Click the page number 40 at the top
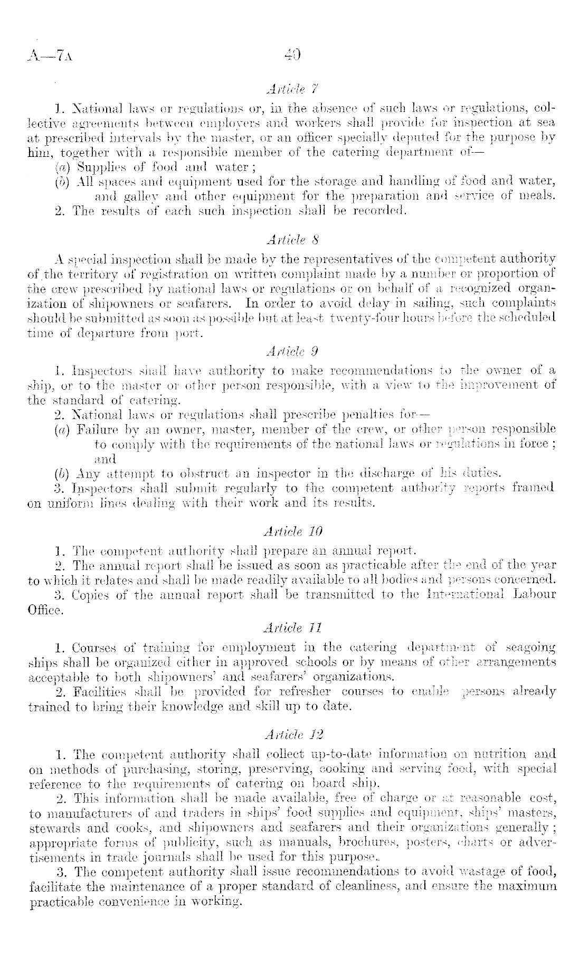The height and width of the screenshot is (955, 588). click(x=292, y=54)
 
